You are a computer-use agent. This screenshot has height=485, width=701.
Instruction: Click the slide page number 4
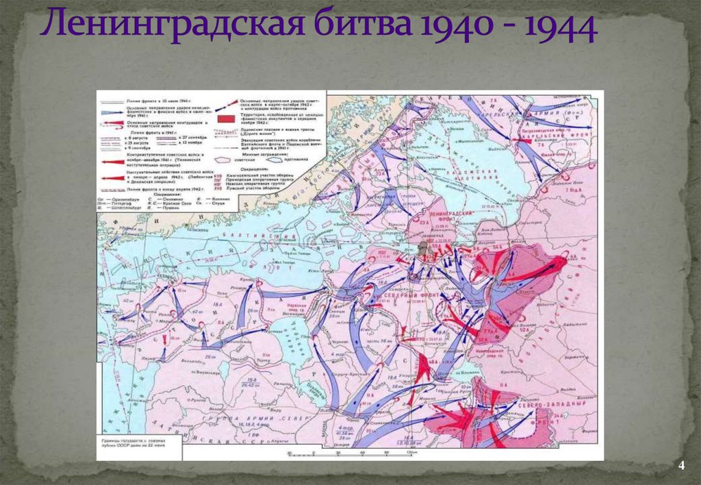coord(681,467)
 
